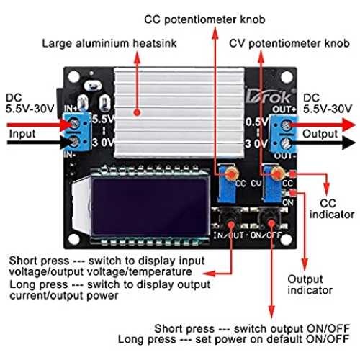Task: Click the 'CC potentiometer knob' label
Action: tap(204, 19)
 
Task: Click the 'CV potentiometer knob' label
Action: tap(289, 44)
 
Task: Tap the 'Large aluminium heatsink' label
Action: tap(109, 44)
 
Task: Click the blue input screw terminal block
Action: tap(77, 132)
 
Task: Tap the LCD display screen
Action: tap(150, 207)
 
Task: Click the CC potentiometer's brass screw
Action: tap(232, 174)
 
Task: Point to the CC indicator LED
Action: tap(292, 174)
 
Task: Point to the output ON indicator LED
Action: tap(292, 192)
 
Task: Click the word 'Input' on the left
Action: tap(22, 134)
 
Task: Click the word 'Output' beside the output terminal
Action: tap(320, 134)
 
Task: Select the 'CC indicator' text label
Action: tap(332, 209)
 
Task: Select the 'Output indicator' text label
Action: tap(310, 284)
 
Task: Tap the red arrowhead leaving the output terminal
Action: tap(348, 125)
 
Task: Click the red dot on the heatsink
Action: tap(137, 112)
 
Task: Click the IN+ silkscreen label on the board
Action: tap(71, 109)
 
